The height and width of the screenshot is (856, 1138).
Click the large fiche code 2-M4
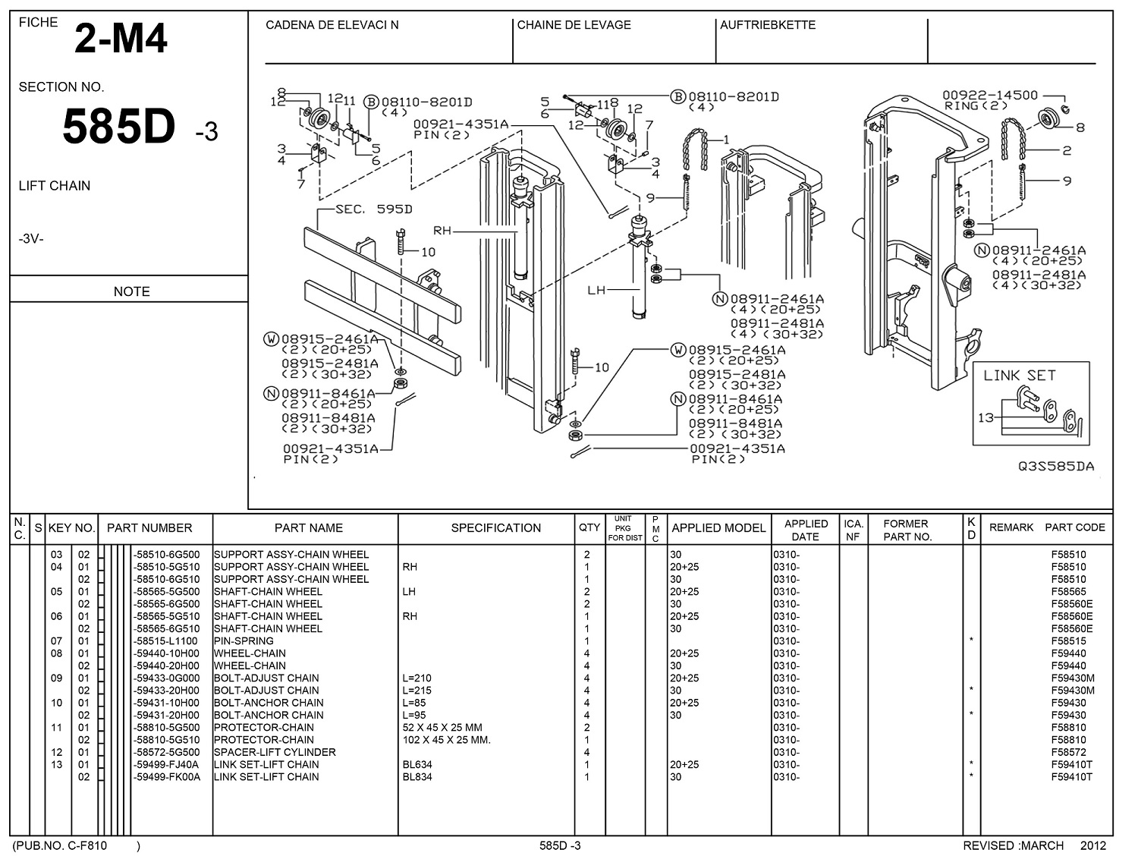coord(121,39)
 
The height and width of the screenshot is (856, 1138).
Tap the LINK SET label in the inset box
coord(1019,376)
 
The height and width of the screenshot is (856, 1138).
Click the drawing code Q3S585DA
coord(1056,467)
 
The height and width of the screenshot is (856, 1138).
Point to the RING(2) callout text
coord(976,105)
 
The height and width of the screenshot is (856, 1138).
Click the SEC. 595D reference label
coord(374,209)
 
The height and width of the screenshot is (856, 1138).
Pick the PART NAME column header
coord(308,528)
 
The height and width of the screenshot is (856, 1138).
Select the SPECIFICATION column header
coord(495,528)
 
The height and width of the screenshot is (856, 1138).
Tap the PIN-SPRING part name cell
coord(244,641)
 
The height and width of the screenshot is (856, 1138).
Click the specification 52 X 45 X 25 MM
coord(442,728)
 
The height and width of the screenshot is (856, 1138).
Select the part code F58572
coord(1068,753)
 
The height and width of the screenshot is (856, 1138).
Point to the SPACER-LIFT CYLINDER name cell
coord(275,753)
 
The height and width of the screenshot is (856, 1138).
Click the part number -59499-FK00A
coord(166,777)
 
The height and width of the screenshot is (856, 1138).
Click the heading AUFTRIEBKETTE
coord(768,25)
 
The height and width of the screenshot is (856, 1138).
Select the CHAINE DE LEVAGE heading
coord(574,25)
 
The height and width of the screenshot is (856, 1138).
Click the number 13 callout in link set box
coord(986,418)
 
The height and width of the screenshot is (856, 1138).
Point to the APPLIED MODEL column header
coord(718,528)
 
